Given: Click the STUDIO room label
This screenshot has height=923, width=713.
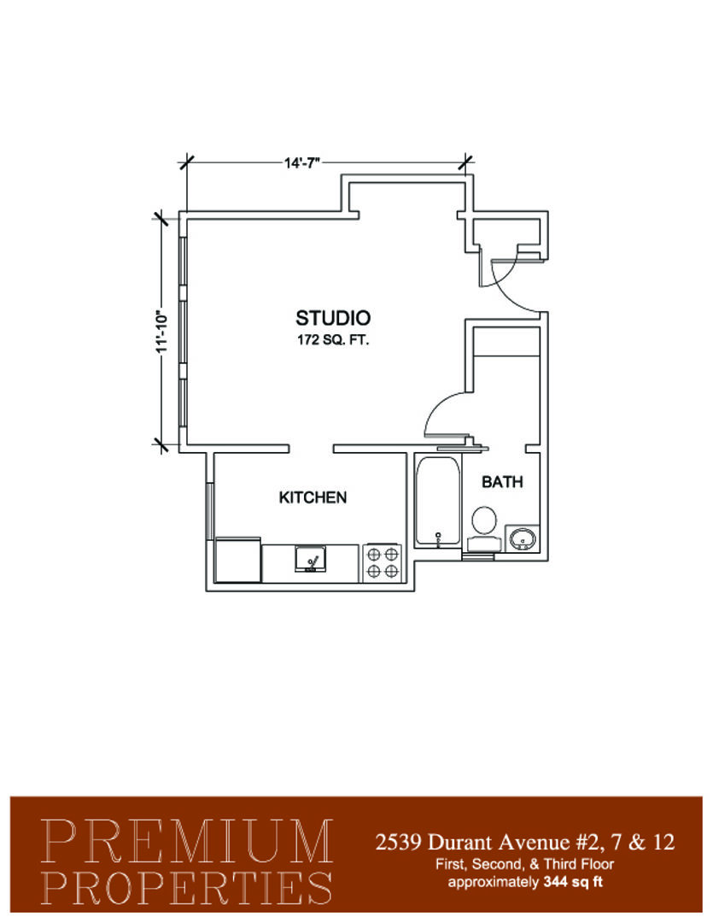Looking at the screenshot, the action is click(x=333, y=318).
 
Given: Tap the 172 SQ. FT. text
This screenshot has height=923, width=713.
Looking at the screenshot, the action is click(x=333, y=339).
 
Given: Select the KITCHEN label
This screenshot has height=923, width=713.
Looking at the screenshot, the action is click(x=313, y=497).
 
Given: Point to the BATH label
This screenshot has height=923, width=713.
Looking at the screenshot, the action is click(x=502, y=482).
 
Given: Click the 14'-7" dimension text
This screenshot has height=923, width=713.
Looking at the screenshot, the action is click(x=301, y=163).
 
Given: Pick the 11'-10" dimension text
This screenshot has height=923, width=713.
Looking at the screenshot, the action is click(x=162, y=332).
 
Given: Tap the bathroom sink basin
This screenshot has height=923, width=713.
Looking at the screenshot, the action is click(x=522, y=538).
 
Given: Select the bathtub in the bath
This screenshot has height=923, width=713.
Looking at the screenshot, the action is click(x=437, y=503).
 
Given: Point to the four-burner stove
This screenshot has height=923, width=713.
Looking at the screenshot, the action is click(x=383, y=562).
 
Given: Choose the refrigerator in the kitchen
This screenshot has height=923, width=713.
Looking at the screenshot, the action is click(x=237, y=559).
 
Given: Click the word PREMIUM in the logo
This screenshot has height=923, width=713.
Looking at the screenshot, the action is click(x=186, y=841).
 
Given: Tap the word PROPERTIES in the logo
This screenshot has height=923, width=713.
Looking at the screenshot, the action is click(x=186, y=887).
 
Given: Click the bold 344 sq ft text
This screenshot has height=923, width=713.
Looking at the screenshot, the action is click(x=573, y=882).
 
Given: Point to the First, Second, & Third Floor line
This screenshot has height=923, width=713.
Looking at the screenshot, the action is click(x=524, y=864).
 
